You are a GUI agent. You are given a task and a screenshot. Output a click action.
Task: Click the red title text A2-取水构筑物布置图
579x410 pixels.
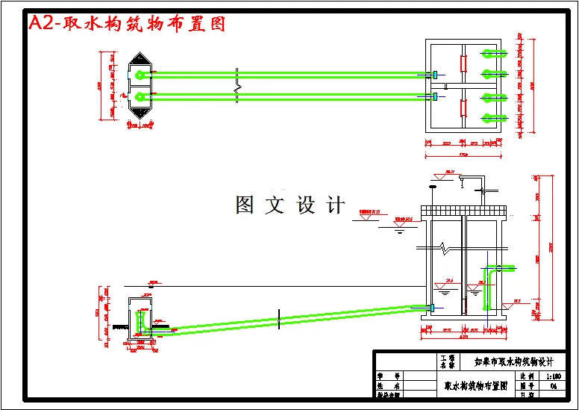pyautogui.click(x=126, y=23)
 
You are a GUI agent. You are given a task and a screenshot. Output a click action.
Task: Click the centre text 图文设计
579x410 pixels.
pyautogui.click(x=290, y=205)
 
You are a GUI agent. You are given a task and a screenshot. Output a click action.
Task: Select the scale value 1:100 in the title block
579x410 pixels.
pyautogui.click(x=554, y=377)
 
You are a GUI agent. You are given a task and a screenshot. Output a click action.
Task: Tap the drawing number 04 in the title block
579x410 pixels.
pyautogui.click(x=553, y=386)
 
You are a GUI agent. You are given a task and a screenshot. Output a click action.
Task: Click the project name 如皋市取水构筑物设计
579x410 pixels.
pyautogui.click(x=514, y=361)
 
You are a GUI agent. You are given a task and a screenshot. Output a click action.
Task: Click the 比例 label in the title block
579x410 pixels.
pyautogui.click(x=528, y=377)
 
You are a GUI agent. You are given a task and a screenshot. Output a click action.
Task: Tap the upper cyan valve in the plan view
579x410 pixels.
pyautogui.click(x=435, y=74)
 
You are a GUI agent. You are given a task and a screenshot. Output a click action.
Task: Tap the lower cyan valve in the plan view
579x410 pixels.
pyautogui.click(x=435, y=96)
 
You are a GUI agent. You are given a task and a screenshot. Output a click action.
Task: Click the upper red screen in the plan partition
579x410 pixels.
pyautogui.click(x=464, y=63)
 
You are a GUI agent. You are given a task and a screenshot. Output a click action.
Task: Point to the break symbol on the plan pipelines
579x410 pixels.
pyautogui.click(x=237, y=83)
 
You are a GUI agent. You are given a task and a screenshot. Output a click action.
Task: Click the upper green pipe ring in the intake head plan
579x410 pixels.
pyautogui.click(x=140, y=74)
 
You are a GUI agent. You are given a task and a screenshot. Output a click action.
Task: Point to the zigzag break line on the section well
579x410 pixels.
pyautogui.click(x=445, y=246)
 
